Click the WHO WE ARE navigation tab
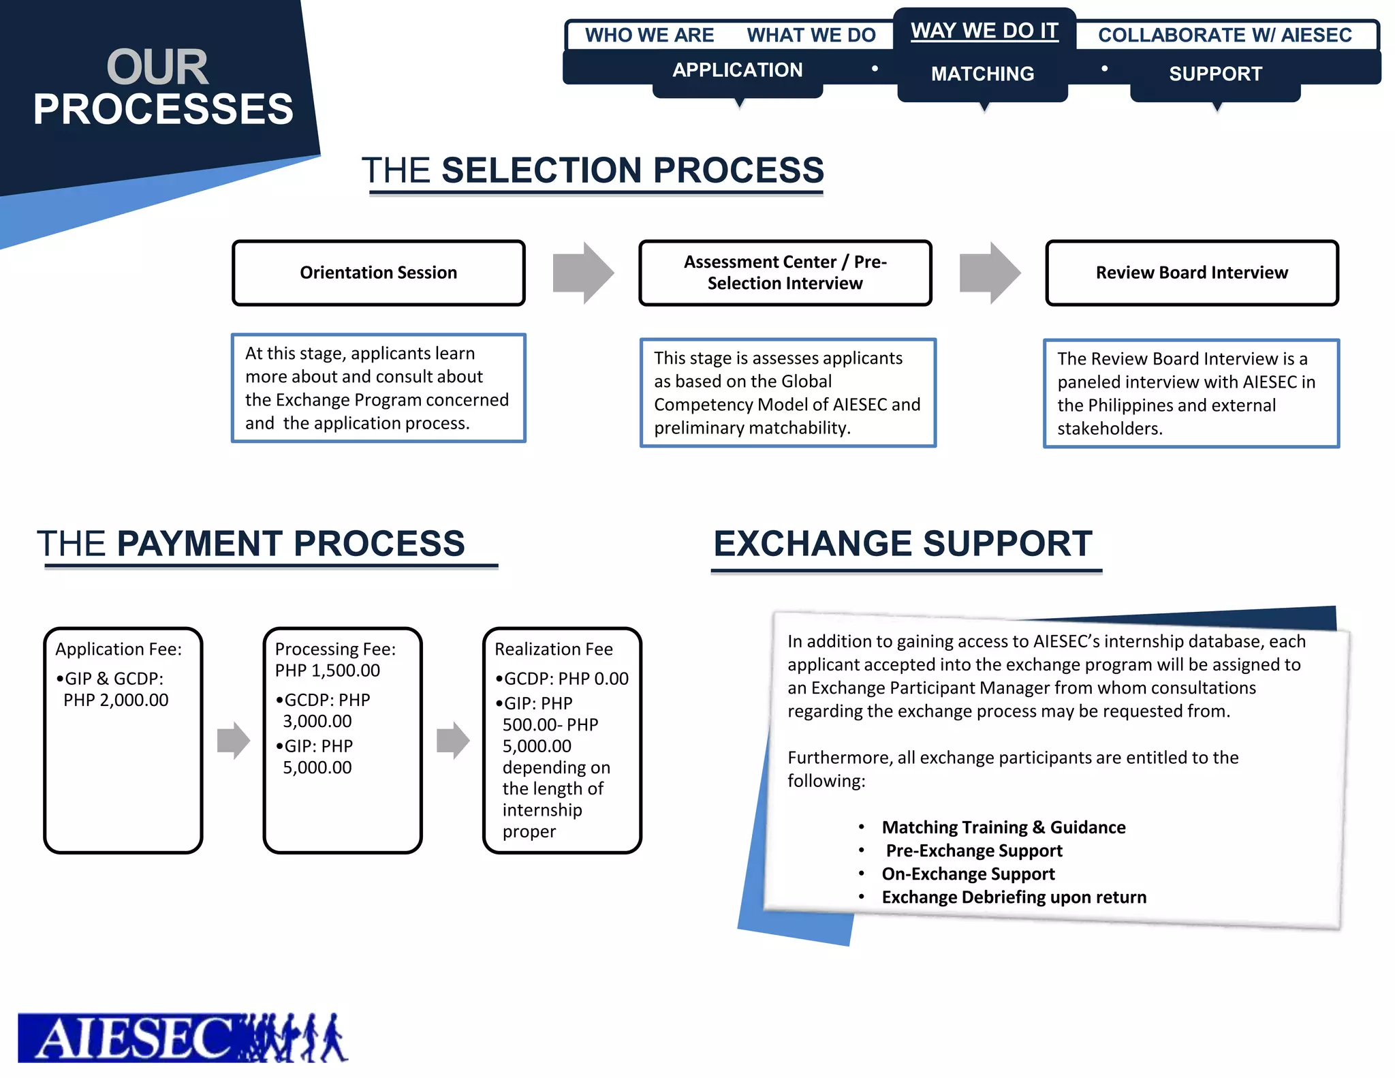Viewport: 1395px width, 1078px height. pos(649,35)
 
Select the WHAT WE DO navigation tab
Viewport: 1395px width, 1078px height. pos(811,35)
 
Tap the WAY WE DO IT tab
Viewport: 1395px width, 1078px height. pos(984,31)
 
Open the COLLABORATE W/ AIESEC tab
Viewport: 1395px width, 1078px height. pos(1225,35)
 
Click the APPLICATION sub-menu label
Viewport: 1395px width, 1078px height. pos(737,70)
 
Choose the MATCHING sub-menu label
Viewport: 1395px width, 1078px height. pos(982,74)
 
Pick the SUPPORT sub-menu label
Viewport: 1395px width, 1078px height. pos(1215,74)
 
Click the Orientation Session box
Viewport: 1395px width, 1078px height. pos(379,273)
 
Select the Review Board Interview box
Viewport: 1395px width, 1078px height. pos(1192,273)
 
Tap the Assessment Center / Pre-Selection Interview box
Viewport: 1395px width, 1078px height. pos(785,273)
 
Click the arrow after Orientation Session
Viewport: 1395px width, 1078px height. pos(583,273)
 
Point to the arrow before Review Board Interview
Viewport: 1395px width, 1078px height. pos(990,273)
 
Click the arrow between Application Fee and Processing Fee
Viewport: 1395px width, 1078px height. pos(234,740)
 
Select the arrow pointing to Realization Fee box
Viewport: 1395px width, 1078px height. pos(453,740)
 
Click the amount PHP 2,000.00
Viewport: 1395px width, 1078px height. pos(116,700)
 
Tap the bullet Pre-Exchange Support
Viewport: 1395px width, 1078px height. pos(973,850)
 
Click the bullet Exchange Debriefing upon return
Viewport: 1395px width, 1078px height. pos(1014,897)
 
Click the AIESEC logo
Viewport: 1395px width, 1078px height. pos(183,1037)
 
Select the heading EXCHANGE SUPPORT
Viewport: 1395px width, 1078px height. pos(903,544)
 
